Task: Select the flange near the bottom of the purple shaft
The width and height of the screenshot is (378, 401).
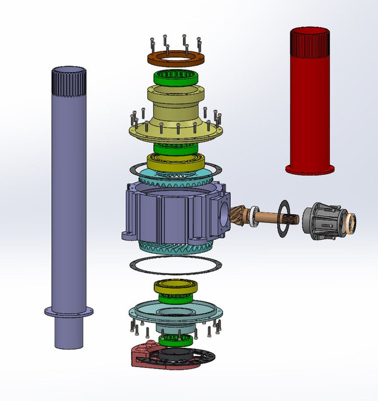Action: click(68, 311)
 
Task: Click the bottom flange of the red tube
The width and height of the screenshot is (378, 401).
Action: click(309, 169)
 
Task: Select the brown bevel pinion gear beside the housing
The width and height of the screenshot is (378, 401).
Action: click(235, 217)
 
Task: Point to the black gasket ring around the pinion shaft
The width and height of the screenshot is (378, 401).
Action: click(283, 219)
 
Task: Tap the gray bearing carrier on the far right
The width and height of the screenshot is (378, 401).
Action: click(323, 221)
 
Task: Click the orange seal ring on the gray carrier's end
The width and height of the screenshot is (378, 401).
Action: click(350, 221)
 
